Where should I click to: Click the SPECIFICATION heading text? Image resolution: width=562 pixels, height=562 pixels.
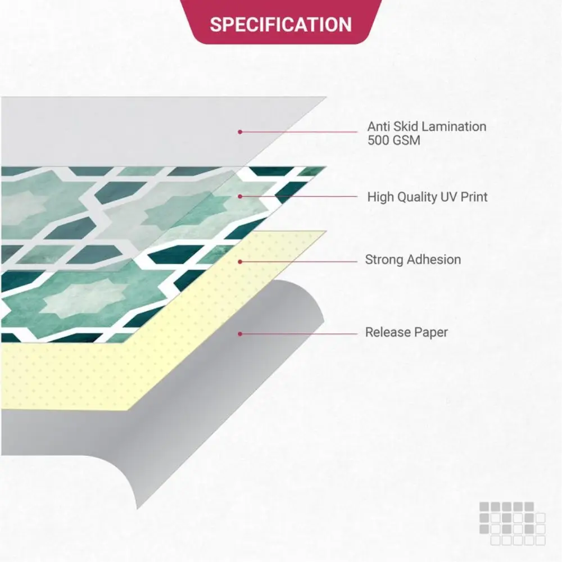click(280, 24)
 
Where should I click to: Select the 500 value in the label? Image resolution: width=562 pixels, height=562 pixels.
click(378, 140)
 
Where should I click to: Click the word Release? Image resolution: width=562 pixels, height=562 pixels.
click(385, 332)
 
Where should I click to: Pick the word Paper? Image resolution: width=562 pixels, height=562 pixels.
click(428, 333)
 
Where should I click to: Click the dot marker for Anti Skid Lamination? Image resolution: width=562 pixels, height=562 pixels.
click(240, 132)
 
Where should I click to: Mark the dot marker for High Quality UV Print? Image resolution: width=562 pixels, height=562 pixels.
click(240, 196)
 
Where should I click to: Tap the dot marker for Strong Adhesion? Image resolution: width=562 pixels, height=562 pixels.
click(240, 262)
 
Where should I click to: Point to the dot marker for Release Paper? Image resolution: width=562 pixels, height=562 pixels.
click(240, 334)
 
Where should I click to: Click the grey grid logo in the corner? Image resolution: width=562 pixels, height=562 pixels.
click(513, 524)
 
